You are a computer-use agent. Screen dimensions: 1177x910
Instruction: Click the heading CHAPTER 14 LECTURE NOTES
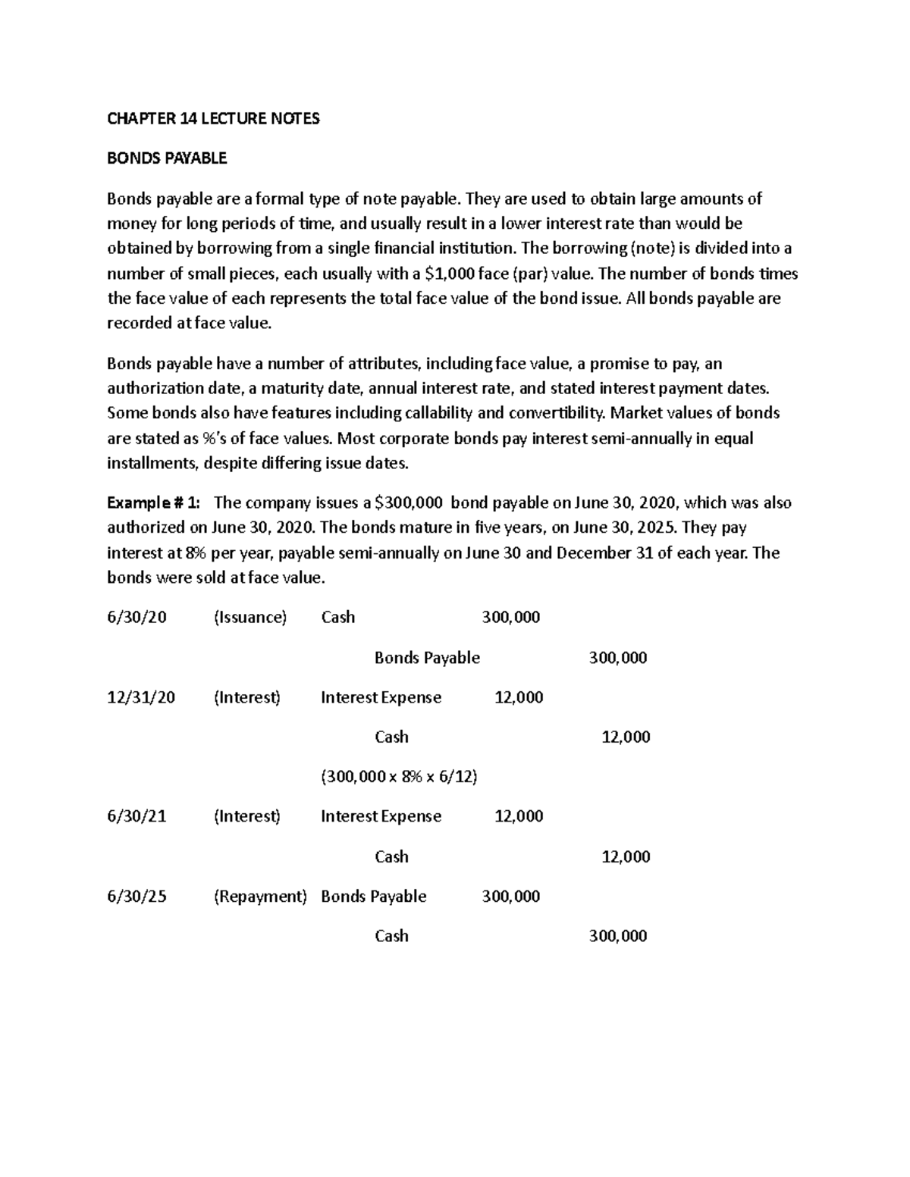click(213, 118)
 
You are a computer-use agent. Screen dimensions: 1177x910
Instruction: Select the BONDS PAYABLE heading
click(167, 158)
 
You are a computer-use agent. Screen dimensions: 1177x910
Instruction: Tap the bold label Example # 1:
click(154, 503)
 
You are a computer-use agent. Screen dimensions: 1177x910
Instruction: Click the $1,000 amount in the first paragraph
click(440, 274)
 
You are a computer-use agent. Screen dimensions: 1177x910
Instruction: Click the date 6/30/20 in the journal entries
click(136, 617)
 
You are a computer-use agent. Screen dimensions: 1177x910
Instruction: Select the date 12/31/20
click(141, 697)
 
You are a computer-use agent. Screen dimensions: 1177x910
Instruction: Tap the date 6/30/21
click(136, 816)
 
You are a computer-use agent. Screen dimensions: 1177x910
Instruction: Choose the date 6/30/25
click(136, 897)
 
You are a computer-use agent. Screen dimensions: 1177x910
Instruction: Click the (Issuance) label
click(250, 617)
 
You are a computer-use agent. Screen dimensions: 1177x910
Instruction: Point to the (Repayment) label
click(260, 897)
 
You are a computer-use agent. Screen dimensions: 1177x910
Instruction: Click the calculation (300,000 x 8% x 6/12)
click(399, 777)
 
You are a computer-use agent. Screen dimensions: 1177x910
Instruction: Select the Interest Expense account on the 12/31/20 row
click(381, 697)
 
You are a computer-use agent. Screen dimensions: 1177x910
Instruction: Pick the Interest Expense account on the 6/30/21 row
click(381, 816)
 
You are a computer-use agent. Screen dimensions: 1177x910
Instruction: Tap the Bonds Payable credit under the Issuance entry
click(427, 658)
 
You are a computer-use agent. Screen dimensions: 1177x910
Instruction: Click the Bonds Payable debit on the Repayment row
click(373, 897)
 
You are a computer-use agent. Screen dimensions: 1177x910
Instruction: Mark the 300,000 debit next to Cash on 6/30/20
click(511, 617)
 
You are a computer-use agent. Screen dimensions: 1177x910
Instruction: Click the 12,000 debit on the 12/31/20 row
click(519, 697)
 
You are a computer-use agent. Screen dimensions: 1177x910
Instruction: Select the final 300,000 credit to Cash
click(618, 936)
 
